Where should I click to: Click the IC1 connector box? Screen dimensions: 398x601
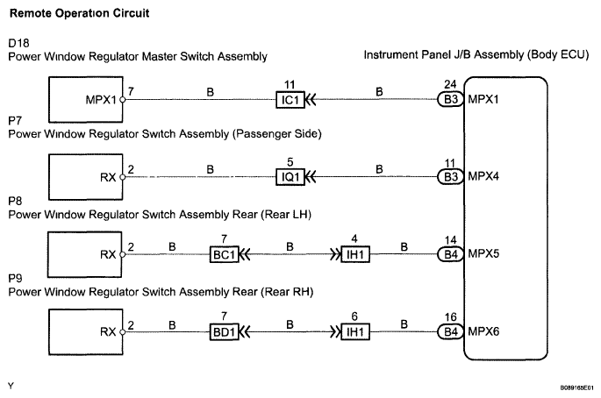tap(290, 99)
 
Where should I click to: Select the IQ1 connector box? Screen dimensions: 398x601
tap(290, 176)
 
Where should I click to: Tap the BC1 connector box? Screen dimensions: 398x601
tap(222, 255)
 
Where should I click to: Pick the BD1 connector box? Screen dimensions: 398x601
tap(222, 332)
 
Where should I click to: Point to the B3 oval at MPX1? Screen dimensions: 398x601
tap(449, 99)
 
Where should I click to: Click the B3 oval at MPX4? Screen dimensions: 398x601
tap(449, 176)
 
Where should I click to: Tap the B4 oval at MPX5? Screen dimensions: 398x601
tap(449, 255)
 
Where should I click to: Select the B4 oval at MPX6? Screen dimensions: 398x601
tap(449, 332)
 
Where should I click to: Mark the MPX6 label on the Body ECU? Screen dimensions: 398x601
tap(484, 332)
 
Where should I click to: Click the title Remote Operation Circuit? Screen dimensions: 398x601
tap(66, 14)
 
